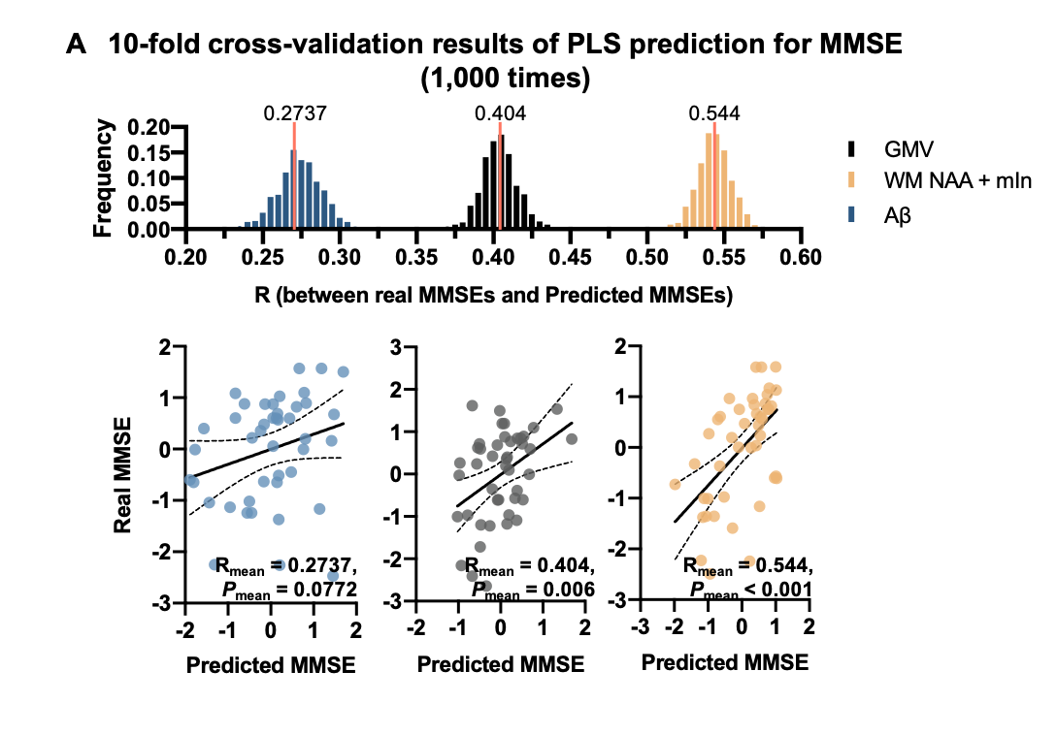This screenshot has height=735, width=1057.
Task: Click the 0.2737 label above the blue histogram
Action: click(x=295, y=112)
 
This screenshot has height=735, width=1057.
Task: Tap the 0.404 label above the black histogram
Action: click(x=500, y=112)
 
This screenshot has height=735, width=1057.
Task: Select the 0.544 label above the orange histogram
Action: click(x=713, y=112)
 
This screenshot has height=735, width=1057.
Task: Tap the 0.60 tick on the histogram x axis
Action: click(x=802, y=256)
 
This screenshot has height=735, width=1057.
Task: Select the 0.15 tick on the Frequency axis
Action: click(x=150, y=152)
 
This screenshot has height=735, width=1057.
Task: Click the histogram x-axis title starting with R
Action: click(x=492, y=295)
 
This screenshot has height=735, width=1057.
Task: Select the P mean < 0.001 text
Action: click(x=750, y=589)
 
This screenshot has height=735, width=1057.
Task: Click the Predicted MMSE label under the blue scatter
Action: click(x=269, y=666)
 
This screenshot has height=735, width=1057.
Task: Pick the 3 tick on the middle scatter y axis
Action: click(x=396, y=346)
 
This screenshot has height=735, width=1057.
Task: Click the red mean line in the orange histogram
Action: click(x=714, y=175)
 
